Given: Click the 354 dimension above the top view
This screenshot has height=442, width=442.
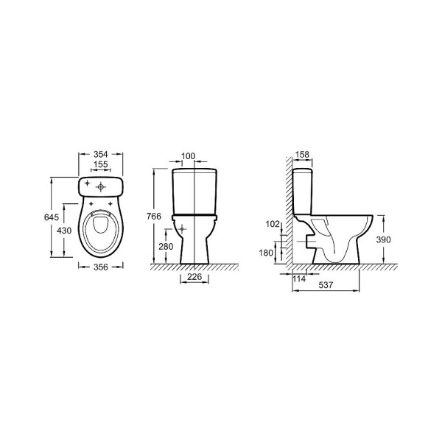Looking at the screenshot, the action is click(101, 154).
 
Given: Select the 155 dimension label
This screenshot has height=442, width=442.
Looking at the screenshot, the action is click(101, 164).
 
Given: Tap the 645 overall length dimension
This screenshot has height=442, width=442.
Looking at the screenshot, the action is click(52, 217).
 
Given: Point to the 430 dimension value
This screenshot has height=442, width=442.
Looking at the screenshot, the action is click(64, 231).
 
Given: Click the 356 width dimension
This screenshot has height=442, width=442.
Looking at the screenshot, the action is click(101, 267).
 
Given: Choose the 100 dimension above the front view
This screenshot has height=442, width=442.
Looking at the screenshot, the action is click(188, 156).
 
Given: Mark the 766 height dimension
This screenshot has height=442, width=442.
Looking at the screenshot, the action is click(154, 216).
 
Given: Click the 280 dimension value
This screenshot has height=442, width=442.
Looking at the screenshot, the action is click(166, 247).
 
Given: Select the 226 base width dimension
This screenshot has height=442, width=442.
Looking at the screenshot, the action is click(194, 277).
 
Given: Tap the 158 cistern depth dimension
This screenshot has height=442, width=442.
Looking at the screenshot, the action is click(303, 155).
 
